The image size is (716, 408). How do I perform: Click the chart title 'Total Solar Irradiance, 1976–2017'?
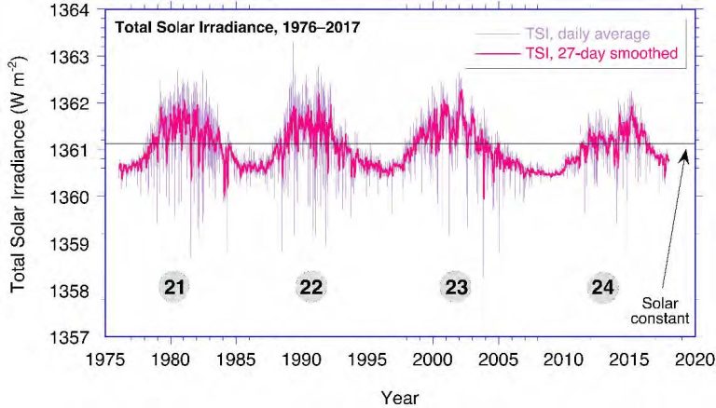tap(237, 27)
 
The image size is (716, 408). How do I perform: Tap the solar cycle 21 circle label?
tap(172, 288)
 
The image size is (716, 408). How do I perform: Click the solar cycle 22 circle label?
tap(311, 288)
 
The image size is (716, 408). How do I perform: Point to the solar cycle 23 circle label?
tap(456, 288)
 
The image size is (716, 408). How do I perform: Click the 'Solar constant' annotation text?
tap(667, 310)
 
